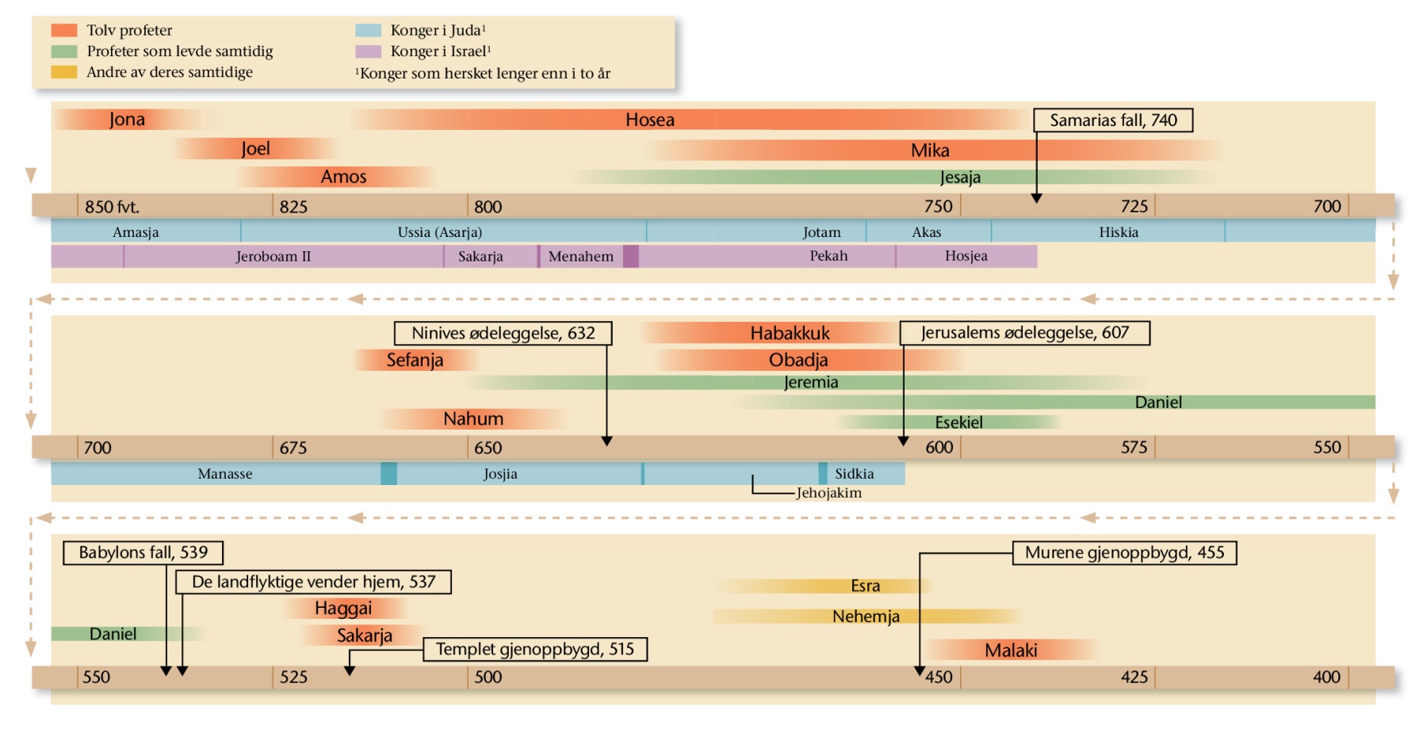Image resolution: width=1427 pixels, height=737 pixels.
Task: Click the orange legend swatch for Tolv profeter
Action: [64, 30]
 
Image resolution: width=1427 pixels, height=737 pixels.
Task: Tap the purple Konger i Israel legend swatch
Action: [368, 52]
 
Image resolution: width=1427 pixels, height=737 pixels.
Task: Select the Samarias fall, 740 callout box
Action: [1112, 120]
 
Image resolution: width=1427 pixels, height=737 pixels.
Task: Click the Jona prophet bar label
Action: [127, 120]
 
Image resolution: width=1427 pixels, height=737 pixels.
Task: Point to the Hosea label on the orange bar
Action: [649, 120]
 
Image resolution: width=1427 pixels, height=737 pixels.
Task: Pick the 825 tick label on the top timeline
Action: [293, 207]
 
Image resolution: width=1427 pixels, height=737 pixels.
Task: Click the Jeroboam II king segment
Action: [273, 257]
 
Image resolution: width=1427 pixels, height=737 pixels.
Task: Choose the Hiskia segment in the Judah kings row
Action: [1118, 232]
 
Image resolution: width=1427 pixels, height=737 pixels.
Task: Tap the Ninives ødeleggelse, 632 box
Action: [503, 334]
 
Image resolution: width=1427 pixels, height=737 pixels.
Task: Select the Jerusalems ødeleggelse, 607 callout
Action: [1024, 333]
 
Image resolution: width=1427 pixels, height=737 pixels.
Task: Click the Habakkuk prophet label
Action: [790, 333]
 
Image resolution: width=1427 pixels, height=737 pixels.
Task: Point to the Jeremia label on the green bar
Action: [810, 382]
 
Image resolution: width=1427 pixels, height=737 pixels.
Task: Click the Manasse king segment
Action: [224, 474]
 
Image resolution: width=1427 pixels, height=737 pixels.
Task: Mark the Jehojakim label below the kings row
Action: [828, 493]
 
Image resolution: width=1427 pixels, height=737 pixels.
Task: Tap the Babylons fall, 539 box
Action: [143, 552]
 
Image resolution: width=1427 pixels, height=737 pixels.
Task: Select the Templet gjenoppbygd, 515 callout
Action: [534, 650]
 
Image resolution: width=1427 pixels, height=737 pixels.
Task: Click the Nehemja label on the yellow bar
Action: [866, 617]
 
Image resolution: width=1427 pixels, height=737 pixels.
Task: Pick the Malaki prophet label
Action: [1011, 651]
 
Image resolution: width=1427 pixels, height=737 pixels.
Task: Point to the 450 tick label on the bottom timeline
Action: [939, 678]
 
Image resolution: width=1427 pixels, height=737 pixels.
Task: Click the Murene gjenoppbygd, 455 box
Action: [1124, 552]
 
